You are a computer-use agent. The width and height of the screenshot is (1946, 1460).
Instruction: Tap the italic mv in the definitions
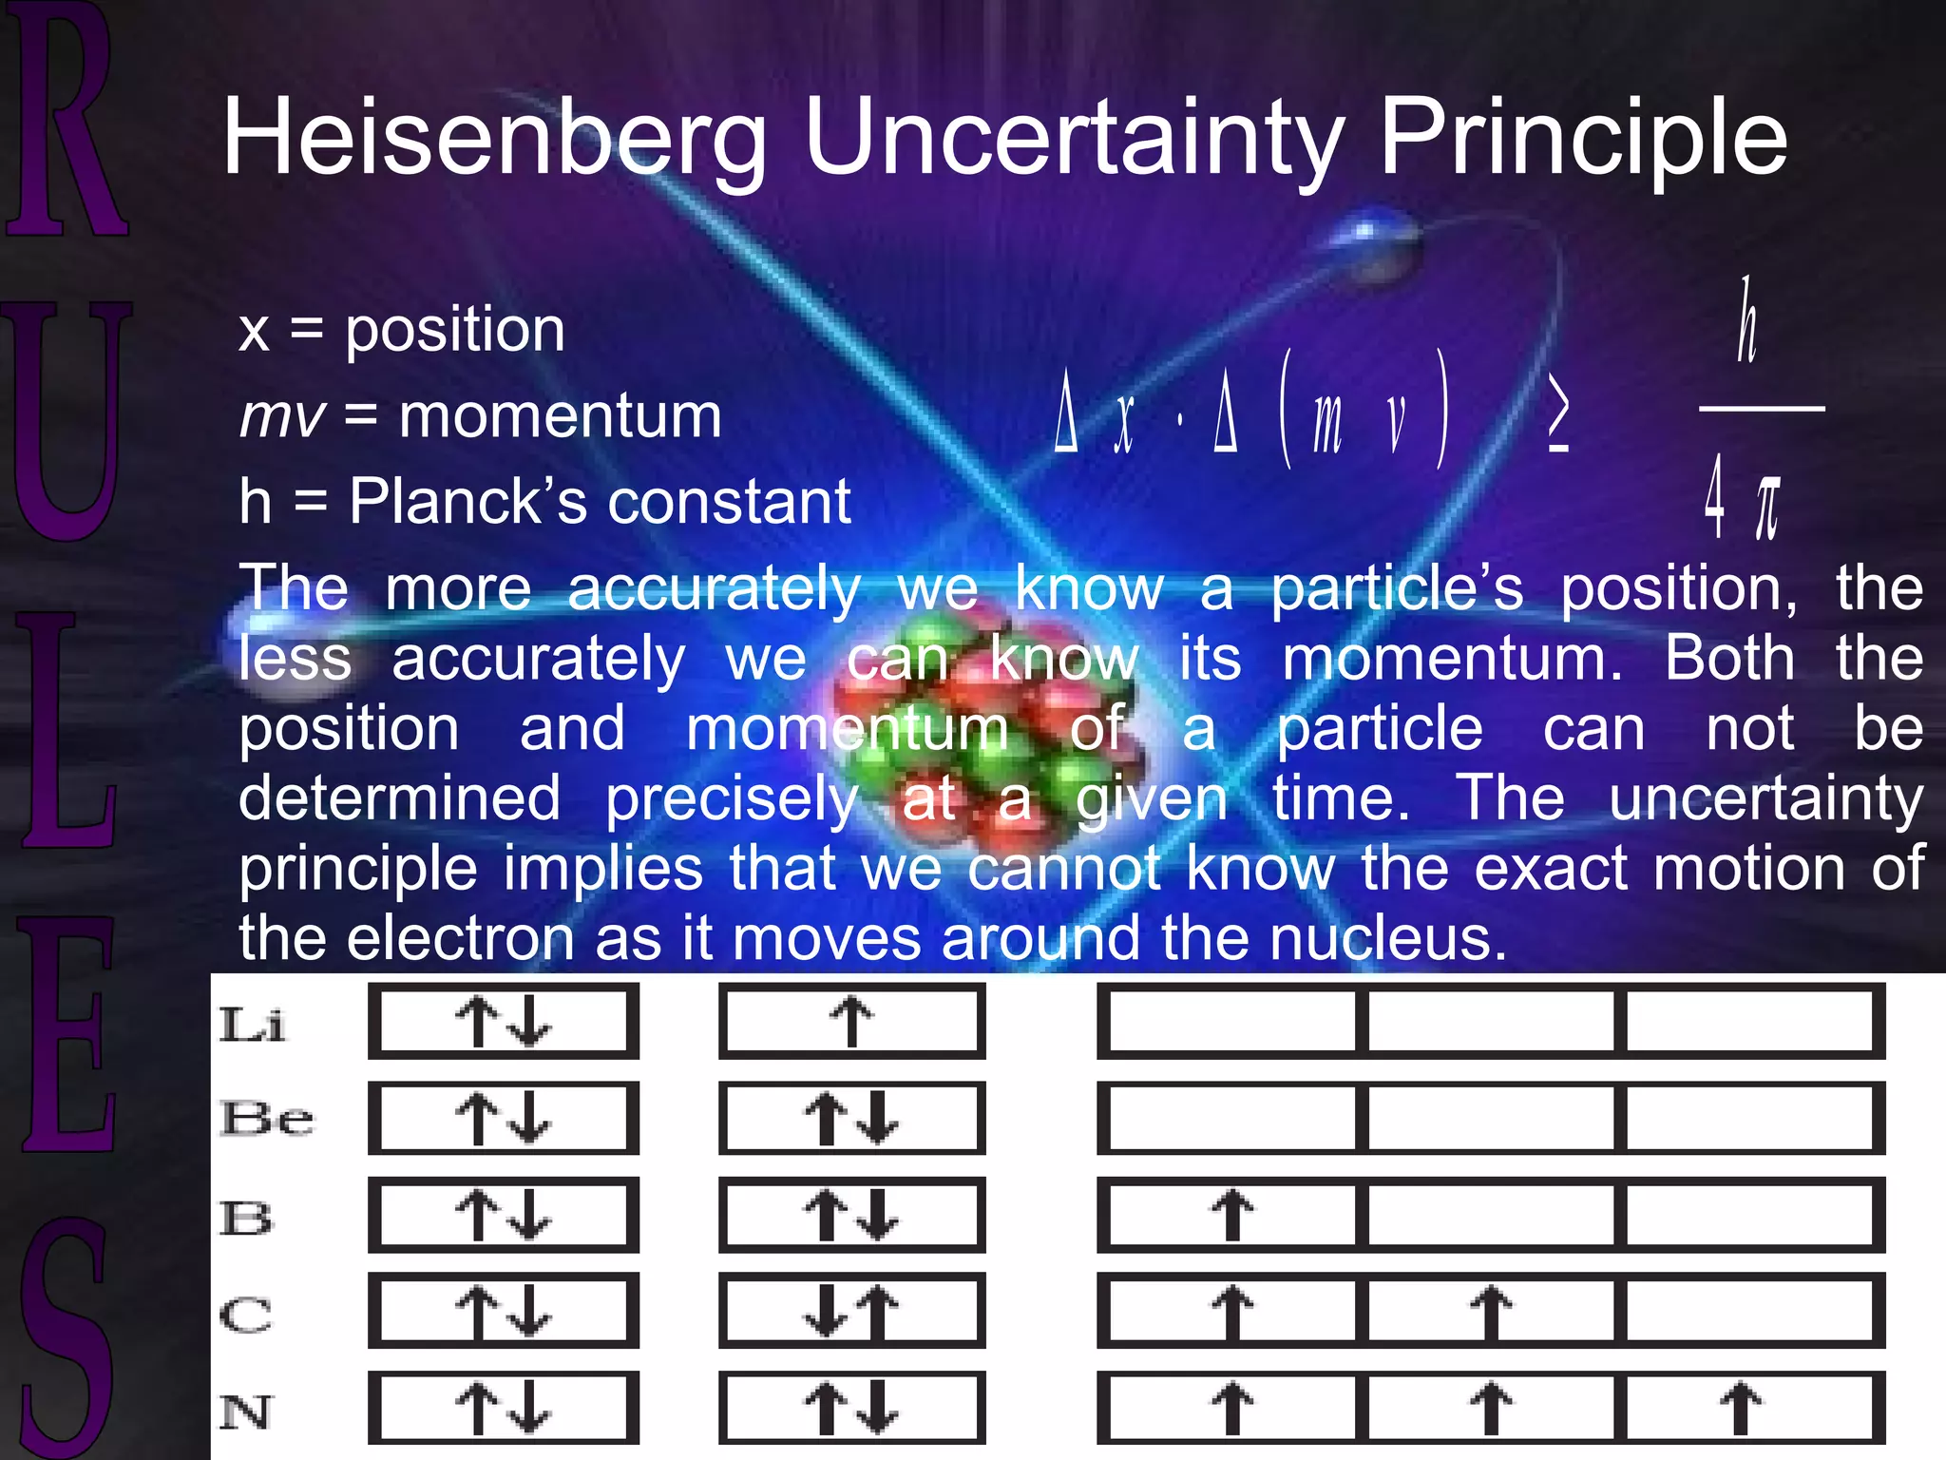pos(281,417)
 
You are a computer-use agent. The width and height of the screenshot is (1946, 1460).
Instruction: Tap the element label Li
pos(252,1025)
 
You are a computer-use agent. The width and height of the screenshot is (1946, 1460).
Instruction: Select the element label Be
pos(266,1119)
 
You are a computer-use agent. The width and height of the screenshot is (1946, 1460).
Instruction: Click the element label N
pos(246,1412)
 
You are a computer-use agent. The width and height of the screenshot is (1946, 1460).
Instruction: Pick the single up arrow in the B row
pos(1231,1215)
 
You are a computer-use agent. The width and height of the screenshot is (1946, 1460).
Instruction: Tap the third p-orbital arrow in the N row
pos(1741,1408)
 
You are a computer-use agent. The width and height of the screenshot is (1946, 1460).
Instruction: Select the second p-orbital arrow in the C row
pos(1490,1312)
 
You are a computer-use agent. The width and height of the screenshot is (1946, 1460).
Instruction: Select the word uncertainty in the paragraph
pos(1765,798)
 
